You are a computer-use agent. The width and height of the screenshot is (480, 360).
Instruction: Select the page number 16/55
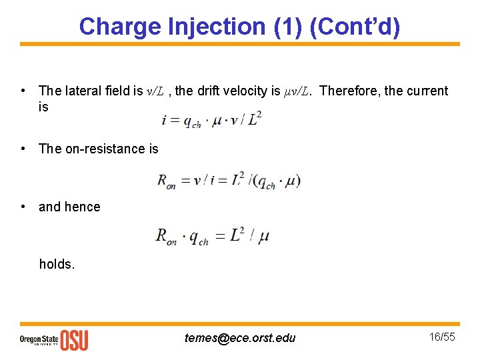click(441, 337)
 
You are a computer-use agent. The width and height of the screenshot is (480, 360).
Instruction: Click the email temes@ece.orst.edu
click(240, 338)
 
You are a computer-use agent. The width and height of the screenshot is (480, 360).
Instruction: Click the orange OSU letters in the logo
click(74, 340)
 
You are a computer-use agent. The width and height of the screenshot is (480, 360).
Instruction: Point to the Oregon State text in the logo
click(39, 339)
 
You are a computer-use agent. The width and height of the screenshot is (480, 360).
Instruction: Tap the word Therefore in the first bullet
click(349, 91)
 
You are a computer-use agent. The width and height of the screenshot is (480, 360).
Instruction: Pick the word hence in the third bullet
click(83, 207)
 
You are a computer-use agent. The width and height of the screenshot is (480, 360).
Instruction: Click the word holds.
click(57, 264)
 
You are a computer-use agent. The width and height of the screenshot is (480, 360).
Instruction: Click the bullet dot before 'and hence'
click(23, 207)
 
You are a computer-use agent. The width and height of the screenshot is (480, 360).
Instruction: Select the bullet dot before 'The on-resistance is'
click(23, 149)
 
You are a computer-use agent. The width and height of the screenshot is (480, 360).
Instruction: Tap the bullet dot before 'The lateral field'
click(23, 91)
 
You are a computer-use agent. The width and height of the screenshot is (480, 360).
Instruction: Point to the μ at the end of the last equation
click(263, 237)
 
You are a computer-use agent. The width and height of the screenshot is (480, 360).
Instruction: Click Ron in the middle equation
click(166, 181)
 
